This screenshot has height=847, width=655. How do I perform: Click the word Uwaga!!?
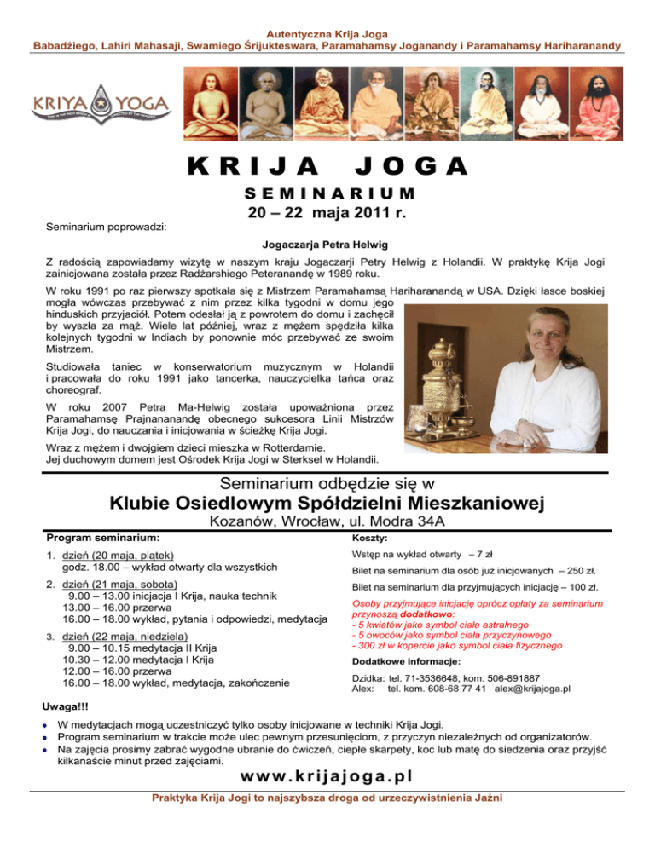point(67,707)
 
